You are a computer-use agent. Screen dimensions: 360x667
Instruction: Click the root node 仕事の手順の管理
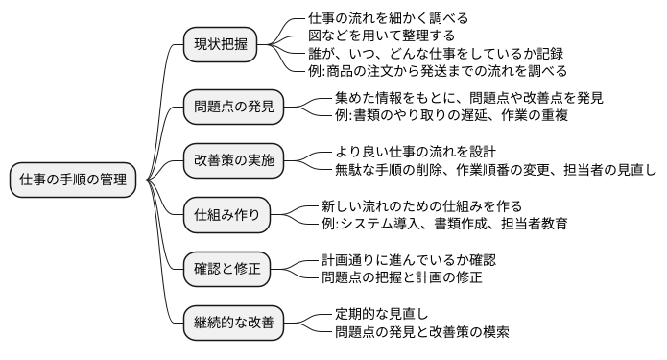(x=72, y=179)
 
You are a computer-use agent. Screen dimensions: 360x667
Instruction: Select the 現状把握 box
(x=220, y=44)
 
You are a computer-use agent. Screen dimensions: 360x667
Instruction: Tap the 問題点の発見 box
(x=233, y=107)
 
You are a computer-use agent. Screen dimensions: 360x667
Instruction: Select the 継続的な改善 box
(x=233, y=324)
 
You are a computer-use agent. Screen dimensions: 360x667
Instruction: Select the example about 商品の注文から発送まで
(x=438, y=70)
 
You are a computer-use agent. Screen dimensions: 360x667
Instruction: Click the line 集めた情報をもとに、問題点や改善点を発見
(x=469, y=97)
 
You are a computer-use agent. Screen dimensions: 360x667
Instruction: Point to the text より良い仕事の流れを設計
(x=416, y=152)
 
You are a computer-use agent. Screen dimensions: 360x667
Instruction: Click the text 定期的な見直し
(x=381, y=315)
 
